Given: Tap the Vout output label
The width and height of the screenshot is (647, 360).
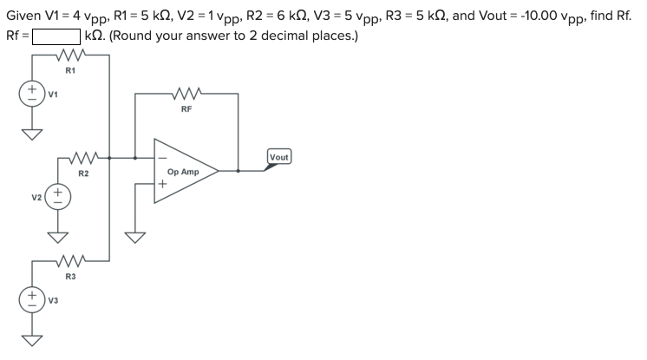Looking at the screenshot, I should coord(279,157).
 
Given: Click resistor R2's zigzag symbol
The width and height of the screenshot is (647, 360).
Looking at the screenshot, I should coord(84,158).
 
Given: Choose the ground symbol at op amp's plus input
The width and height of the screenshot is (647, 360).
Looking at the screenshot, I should coord(136,236).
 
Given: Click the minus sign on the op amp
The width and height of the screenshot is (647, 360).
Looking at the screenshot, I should coord(161,158).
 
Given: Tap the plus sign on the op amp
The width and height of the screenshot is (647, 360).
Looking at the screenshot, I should coord(162,184).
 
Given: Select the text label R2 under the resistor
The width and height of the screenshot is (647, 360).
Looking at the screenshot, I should coord(83,173).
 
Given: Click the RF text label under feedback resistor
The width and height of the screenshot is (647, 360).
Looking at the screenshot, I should coord(186,109).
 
